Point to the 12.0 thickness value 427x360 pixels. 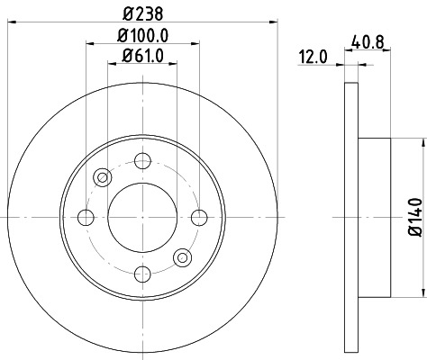312,58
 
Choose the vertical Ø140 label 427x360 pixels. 414,217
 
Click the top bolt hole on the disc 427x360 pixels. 141,161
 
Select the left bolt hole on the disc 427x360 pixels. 86,216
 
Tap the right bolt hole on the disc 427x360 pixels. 197,216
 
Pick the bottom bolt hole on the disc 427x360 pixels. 141,272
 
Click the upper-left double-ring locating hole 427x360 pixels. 102,176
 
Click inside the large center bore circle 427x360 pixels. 141,216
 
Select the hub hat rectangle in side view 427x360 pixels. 374,216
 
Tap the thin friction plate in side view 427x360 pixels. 350,216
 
